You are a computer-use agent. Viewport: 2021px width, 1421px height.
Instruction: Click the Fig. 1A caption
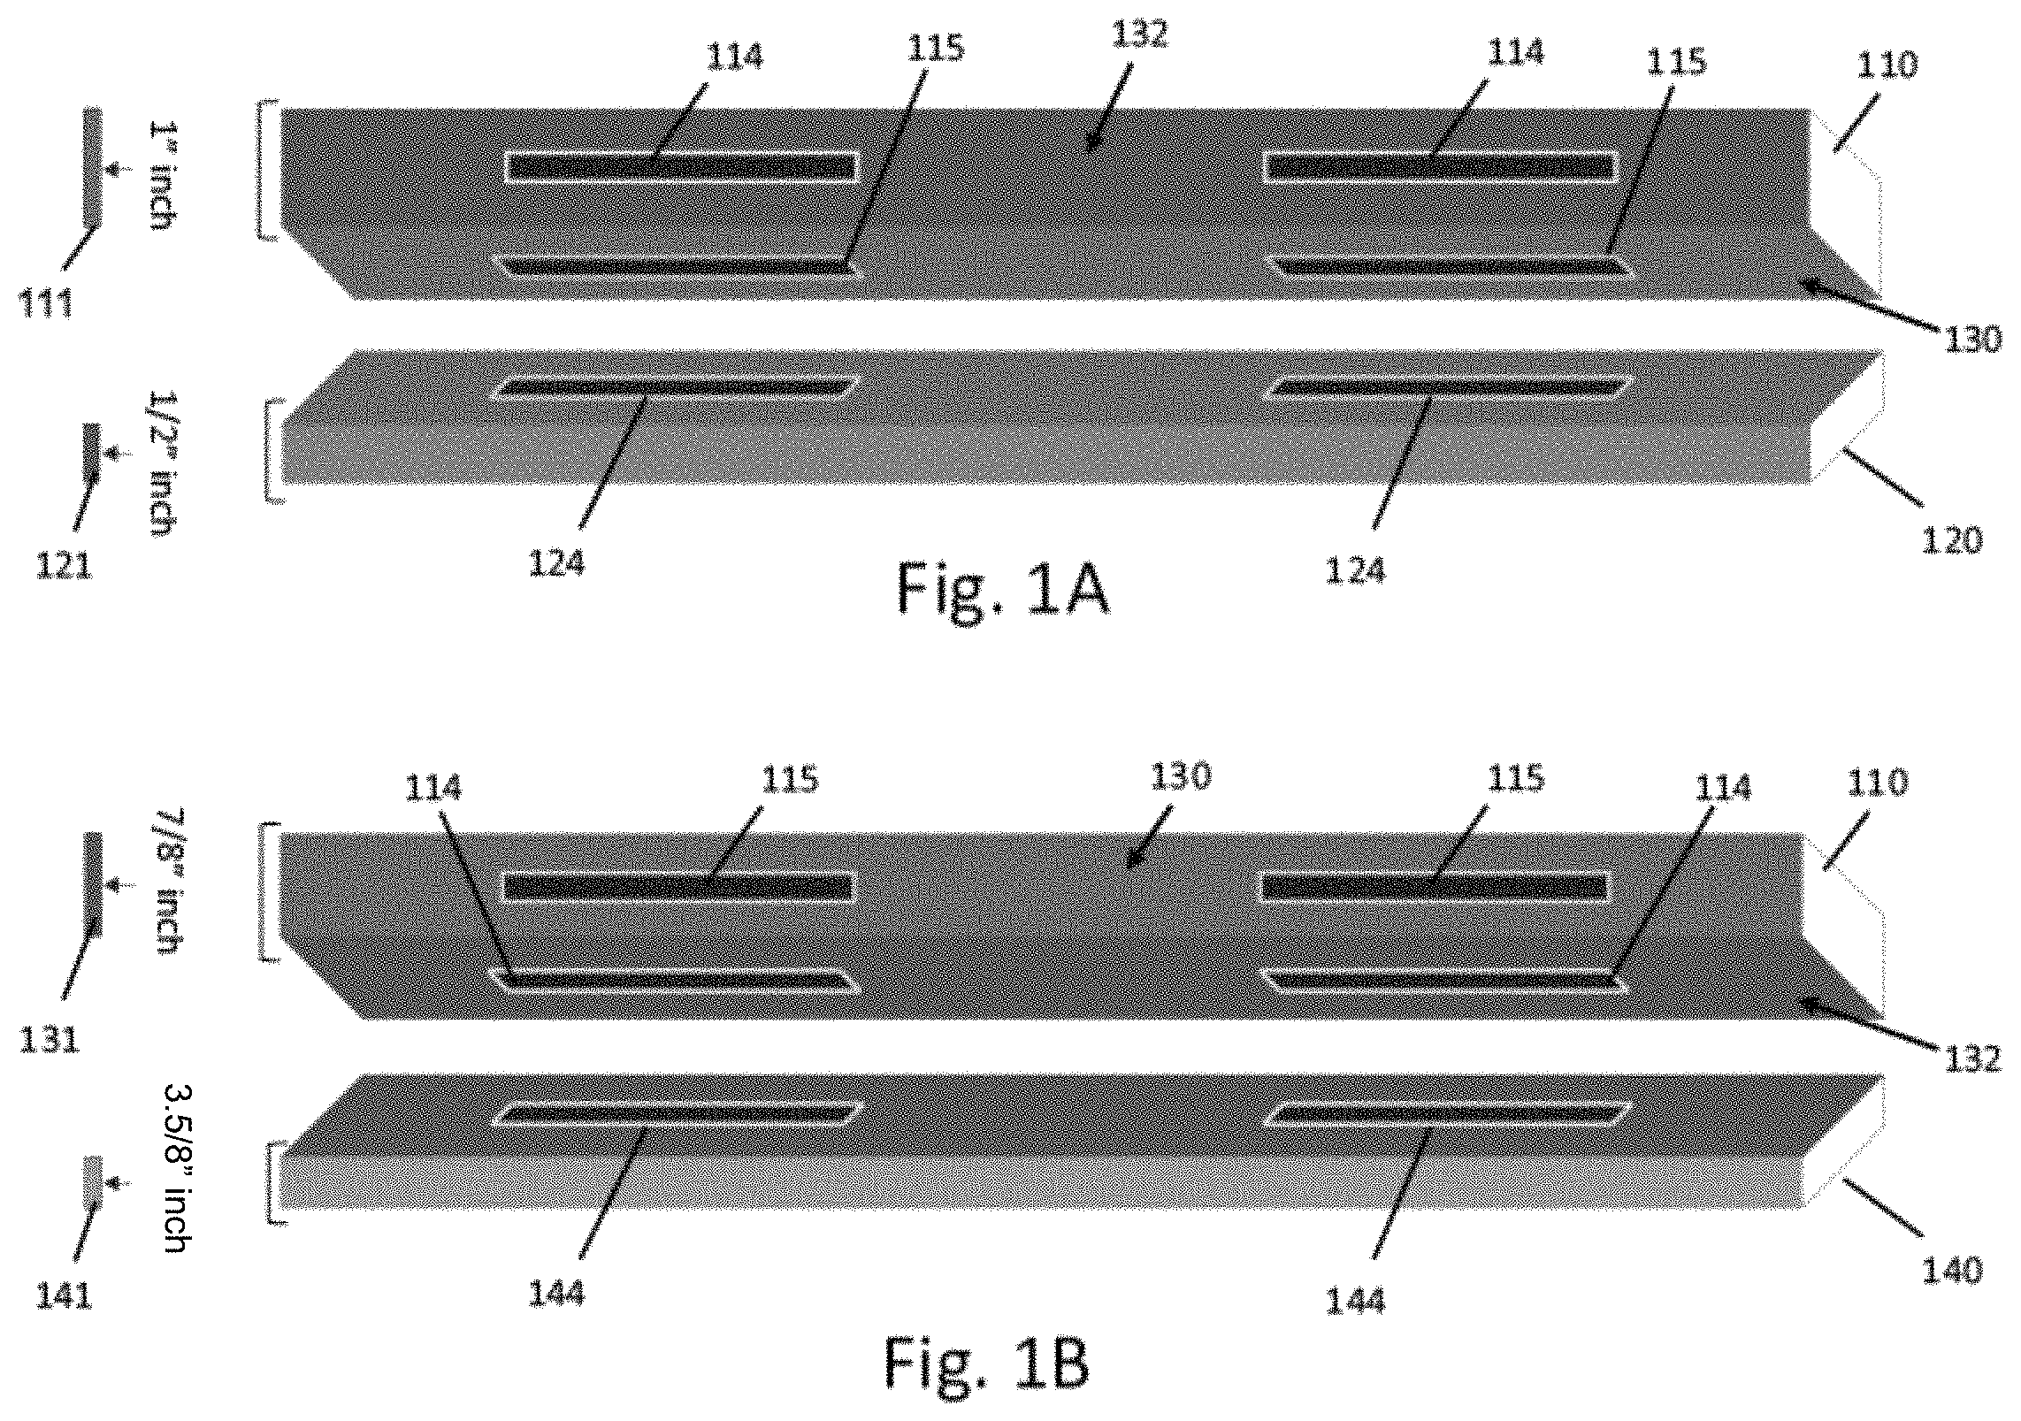(x=1004, y=589)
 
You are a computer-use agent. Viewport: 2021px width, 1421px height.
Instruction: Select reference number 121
(x=64, y=565)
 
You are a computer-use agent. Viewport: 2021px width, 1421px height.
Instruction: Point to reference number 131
(x=50, y=1040)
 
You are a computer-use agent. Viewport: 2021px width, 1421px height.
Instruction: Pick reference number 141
(x=64, y=1296)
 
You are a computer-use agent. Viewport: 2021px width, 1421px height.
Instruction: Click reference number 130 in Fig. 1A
(x=1971, y=338)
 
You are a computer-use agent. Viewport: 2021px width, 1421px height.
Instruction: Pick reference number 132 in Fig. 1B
(x=1971, y=1058)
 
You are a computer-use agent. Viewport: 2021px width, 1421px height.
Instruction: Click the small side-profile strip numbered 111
(x=93, y=167)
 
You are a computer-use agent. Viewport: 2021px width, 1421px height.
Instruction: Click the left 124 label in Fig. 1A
(x=557, y=563)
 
